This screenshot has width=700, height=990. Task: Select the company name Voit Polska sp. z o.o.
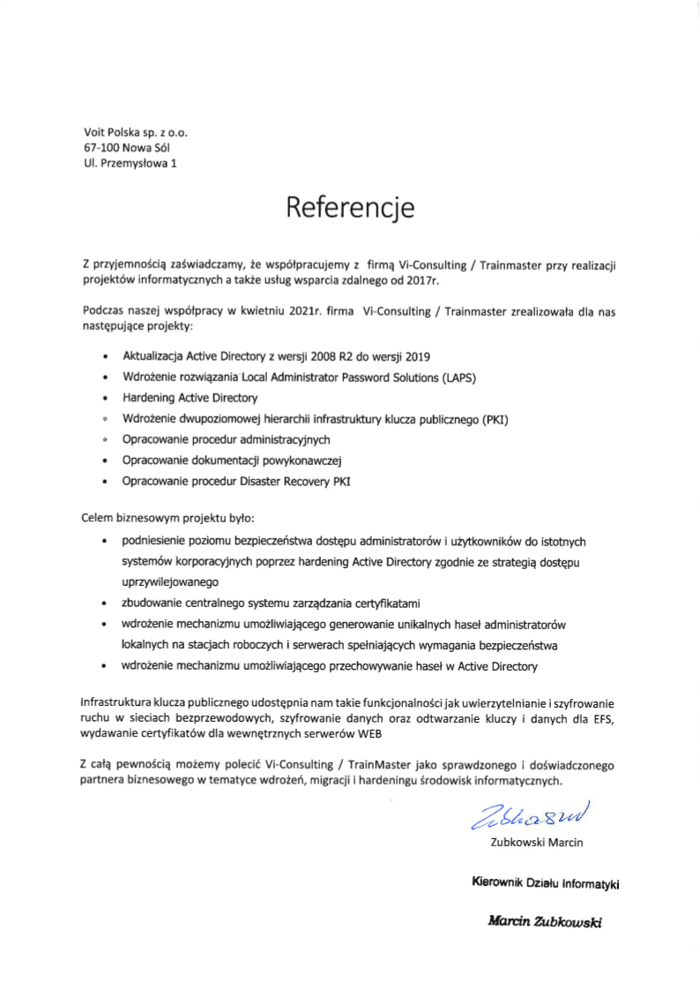pyautogui.click(x=136, y=132)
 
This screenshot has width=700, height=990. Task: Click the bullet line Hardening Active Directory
pyautogui.click(x=190, y=398)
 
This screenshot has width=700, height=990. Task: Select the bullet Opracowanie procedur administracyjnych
pyautogui.click(x=226, y=439)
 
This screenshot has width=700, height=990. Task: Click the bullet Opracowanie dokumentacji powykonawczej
pyautogui.click(x=231, y=460)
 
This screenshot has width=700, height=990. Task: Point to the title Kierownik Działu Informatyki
pyautogui.click(x=547, y=882)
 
